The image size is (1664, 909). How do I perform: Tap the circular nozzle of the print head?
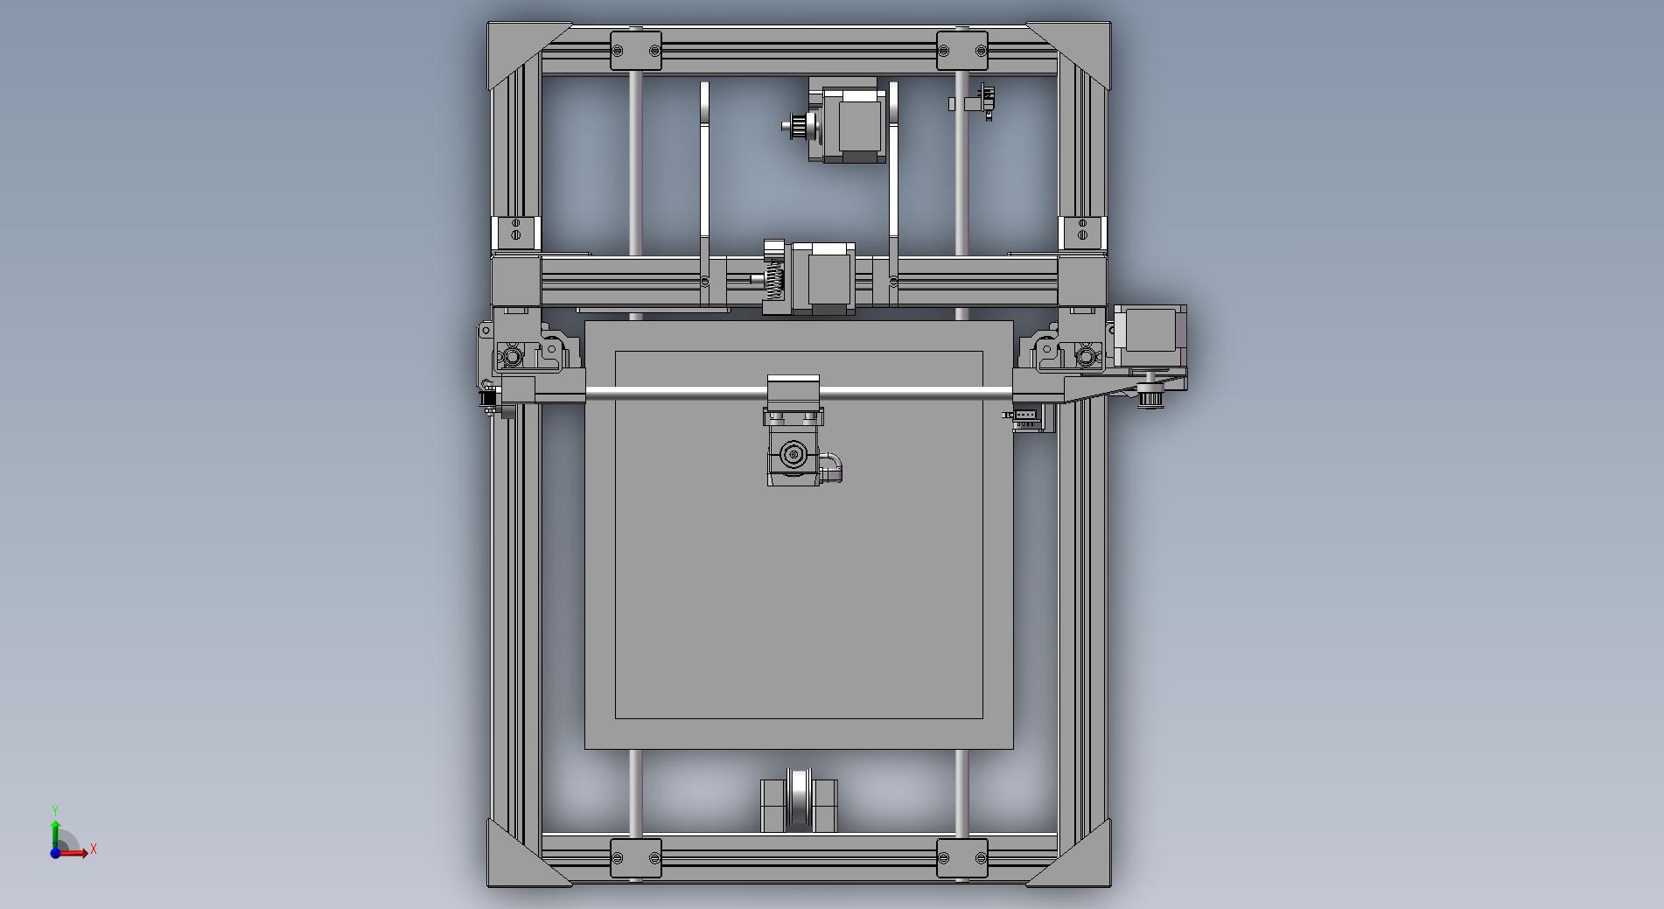pyautogui.click(x=794, y=454)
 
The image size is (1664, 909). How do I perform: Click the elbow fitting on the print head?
pyautogui.click(x=833, y=466)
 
